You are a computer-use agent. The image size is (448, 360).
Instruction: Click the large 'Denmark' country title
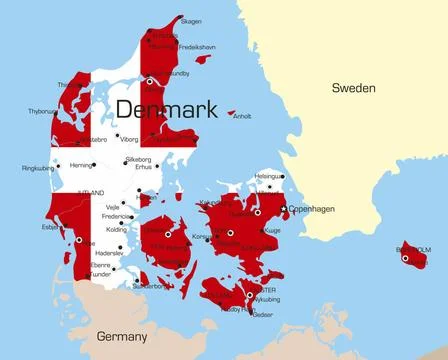click(166, 109)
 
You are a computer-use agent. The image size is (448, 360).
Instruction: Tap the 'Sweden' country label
click(353, 88)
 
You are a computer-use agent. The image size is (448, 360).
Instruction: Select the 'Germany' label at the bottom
click(121, 336)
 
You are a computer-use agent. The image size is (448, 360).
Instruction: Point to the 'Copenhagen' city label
click(311, 209)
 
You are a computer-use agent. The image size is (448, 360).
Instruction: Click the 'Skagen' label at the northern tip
click(190, 21)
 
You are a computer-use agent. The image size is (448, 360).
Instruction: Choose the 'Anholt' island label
click(242, 116)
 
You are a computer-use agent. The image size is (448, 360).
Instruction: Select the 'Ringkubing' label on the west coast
click(38, 168)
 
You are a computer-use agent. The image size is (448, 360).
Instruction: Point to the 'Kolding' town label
click(116, 229)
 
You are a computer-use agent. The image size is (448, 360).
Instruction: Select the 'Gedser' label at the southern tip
click(262, 314)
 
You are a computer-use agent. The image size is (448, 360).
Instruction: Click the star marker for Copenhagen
click(284, 209)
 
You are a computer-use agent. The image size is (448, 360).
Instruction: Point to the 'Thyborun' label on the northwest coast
click(42, 111)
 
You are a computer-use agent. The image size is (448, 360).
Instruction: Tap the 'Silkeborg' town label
click(138, 159)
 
